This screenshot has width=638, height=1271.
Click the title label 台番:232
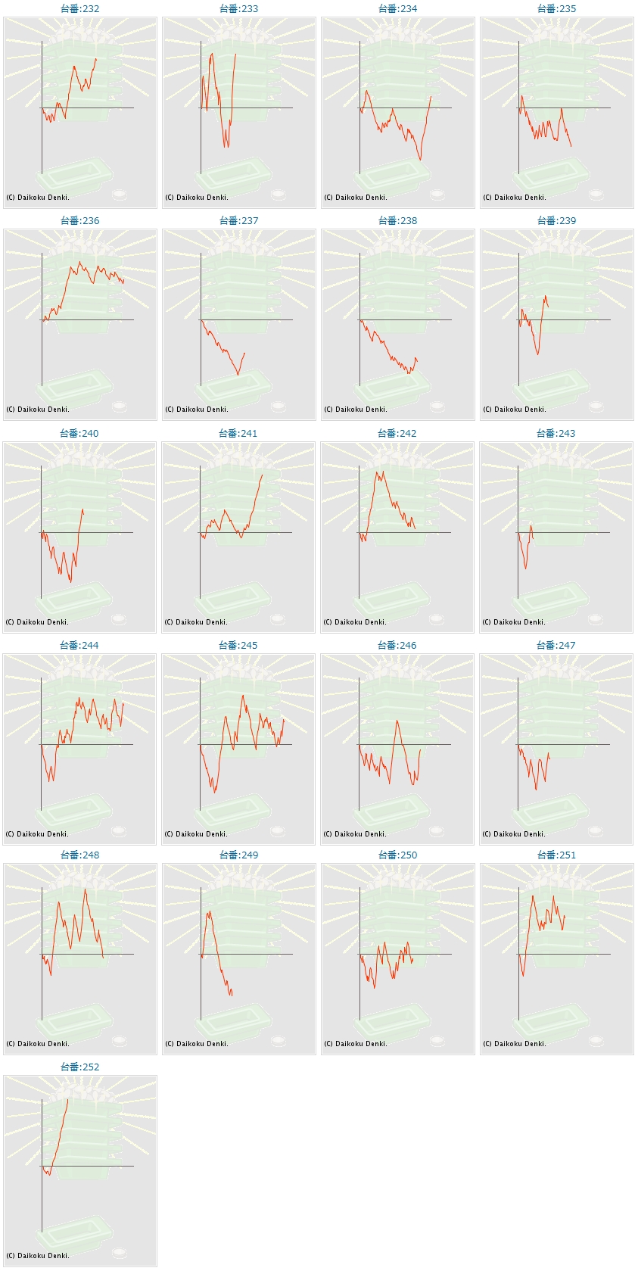pyautogui.click(x=79, y=9)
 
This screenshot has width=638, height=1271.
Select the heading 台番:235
pyautogui.click(x=556, y=9)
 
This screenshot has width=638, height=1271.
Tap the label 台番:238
pyautogui.click(x=397, y=221)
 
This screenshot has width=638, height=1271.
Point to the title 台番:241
pyautogui.click(x=238, y=434)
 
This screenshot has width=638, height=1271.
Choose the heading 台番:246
pyautogui.click(x=397, y=646)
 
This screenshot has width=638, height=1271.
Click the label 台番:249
pyautogui.click(x=238, y=855)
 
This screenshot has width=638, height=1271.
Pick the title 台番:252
pyautogui.click(x=79, y=1067)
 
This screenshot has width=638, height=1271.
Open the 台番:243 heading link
pyautogui.click(x=556, y=434)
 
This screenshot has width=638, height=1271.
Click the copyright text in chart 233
pyautogui.click(x=197, y=198)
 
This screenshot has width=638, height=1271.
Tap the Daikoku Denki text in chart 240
pyautogui.click(x=37, y=622)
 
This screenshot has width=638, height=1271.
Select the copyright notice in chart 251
pyautogui.click(x=515, y=1044)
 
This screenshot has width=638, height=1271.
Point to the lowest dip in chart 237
pyautogui.click(x=238, y=375)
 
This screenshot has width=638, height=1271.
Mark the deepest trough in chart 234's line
pyautogui.click(x=420, y=160)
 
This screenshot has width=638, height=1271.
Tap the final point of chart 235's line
pyautogui.click(x=571, y=146)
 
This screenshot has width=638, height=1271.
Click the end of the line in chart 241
pyautogui.click(x=262, y=475)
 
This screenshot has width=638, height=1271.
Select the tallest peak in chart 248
pyautogui.click(x=85, y=889)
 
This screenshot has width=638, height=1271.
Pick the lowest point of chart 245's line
pyautogui.click(x=215, y=793)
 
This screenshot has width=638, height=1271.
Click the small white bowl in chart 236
pyautogui.click(x=120, y=407)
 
